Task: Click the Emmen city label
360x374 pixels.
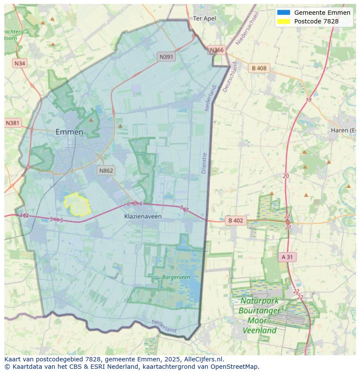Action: [x=69, y=132]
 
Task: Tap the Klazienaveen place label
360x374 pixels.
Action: [x=143, y=216]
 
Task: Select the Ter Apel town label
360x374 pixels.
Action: [x=204, y=18]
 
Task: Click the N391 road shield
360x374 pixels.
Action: [x=166, y=56]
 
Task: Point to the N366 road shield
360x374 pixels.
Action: [x=217, y=50]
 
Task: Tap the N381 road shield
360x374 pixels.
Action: [x=13, y=123]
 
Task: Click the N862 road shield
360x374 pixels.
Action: [x=106, y=170]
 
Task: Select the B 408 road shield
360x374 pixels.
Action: [x=259, y=68]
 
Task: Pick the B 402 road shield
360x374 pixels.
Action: [x=235, y=221]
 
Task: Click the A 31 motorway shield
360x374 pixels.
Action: [x=287, y=257]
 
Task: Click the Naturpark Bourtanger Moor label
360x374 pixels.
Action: [x=260, y=315]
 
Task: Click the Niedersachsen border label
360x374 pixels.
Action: [x=247, y=28]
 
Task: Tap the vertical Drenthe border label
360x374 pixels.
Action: [x=204, y=163]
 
